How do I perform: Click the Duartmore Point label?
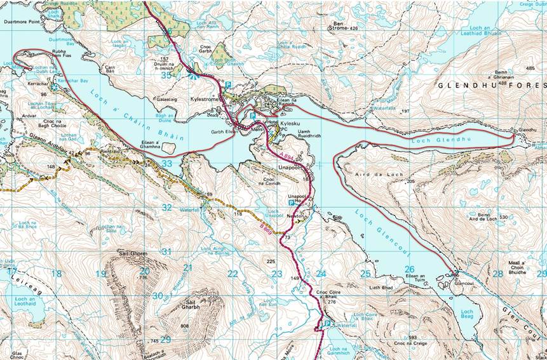point(22,20)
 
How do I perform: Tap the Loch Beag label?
point(467,314)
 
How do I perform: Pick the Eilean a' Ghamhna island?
point(168,147)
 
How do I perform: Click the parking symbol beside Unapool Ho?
point(291,204)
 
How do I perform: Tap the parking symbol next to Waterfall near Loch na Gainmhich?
point(327,324)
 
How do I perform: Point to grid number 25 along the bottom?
point(365,274)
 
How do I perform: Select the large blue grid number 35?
point(166,75)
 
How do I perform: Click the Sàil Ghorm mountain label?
point(133,254)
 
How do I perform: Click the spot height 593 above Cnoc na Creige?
point(412,337)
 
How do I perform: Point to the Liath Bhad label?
point(381,287)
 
